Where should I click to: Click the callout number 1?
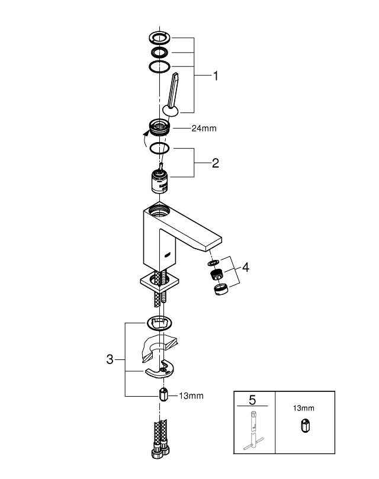[216, 76]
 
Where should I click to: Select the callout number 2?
[216, 163]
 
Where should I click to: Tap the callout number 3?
[110, 359]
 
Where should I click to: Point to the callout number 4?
[246, 267]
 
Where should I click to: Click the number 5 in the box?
[252, 400]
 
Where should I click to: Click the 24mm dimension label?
[204, 128]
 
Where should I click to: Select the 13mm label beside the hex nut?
[191, 396]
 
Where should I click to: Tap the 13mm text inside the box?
[304, 408]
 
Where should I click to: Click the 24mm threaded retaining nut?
[159, 127]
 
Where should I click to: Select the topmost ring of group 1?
[159, 37]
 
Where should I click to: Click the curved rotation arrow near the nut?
[145, 139]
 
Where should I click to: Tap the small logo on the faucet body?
[168, 254]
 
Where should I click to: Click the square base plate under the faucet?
[159, 282]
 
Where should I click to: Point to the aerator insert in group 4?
[216, 274]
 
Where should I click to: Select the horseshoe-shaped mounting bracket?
[160, 369]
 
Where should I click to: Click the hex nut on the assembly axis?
[163, 394]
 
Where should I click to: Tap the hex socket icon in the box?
[305, 426]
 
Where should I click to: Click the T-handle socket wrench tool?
[253, 430]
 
